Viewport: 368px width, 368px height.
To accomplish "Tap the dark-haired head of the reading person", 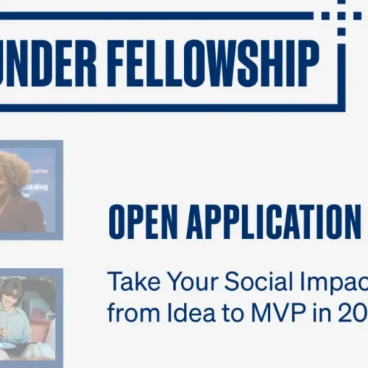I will pos(14,289).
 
